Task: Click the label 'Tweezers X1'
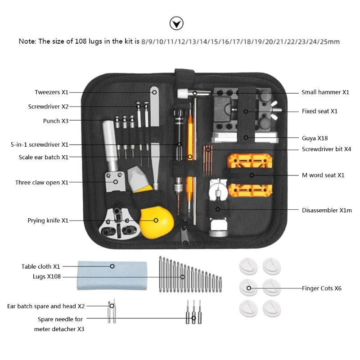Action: point(51,92)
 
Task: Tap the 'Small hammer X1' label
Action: point(325,92)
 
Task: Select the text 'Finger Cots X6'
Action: point(322,288)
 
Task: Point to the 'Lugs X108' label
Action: point(47,277)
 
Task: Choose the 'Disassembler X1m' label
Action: point(327,210)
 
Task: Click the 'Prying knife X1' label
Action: point(48,220)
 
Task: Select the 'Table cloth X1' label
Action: point(40,266)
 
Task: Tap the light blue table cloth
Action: point(112,274)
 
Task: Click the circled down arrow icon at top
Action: point(176,23)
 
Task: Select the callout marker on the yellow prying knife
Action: point(156,220)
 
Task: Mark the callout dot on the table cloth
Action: point(112,266)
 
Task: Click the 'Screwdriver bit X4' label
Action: point(326,149)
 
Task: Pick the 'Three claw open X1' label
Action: point(41,183)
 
